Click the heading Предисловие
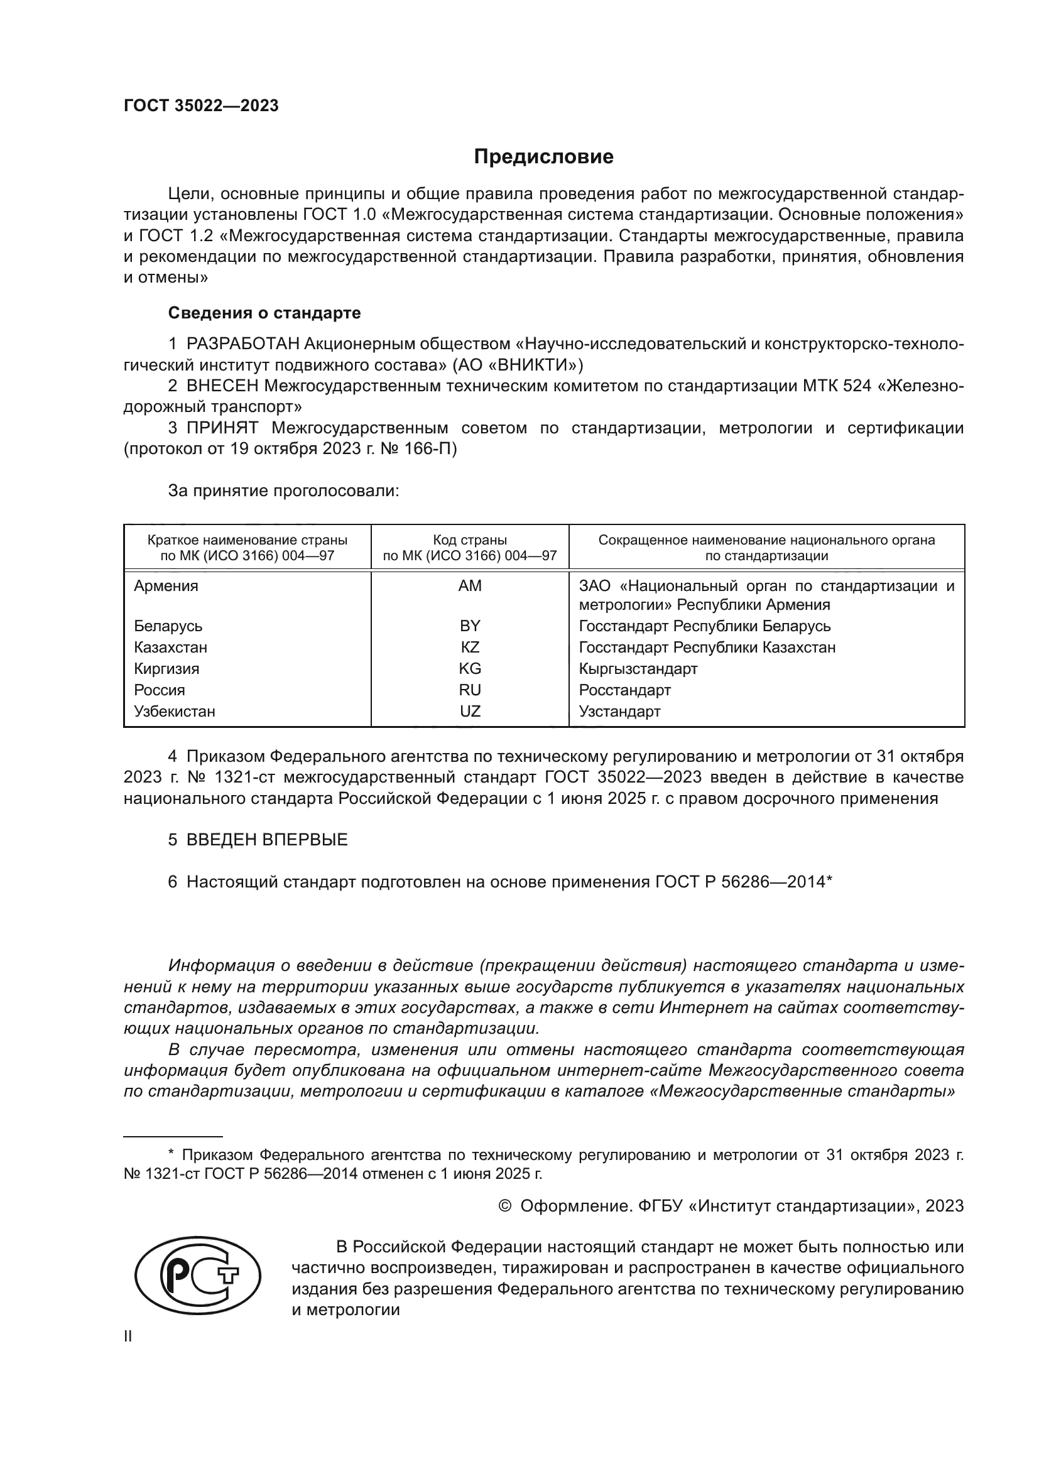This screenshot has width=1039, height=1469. click(x=543, y=157)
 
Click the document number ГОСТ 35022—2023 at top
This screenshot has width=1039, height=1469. click(x=201, y=106)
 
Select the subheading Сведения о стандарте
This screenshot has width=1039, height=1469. click(x=264, y=313)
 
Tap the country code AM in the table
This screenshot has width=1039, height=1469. click(x=470, y=586)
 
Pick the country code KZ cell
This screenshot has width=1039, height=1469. click(x=470, y=647)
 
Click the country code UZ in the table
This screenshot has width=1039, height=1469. click(x=470, y=711)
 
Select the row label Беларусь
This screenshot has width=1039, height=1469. click(x=168, y=626)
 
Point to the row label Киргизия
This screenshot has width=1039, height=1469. click(x=166, y=669)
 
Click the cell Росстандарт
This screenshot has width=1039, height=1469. click(x=624, y=690)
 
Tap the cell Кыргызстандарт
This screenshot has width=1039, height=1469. click(x=638, y=669)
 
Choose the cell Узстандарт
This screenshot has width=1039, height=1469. click(x=619, y=711)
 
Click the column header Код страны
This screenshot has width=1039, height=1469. click(x=470, y=540)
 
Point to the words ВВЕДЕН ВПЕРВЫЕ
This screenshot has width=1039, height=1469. click(x=267, y=840)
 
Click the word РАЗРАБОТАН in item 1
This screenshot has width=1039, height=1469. click(x=242, y=344)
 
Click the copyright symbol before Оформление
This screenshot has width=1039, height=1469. click(x=505, y=1206)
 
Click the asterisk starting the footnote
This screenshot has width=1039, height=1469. click(x=171, y=1152)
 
